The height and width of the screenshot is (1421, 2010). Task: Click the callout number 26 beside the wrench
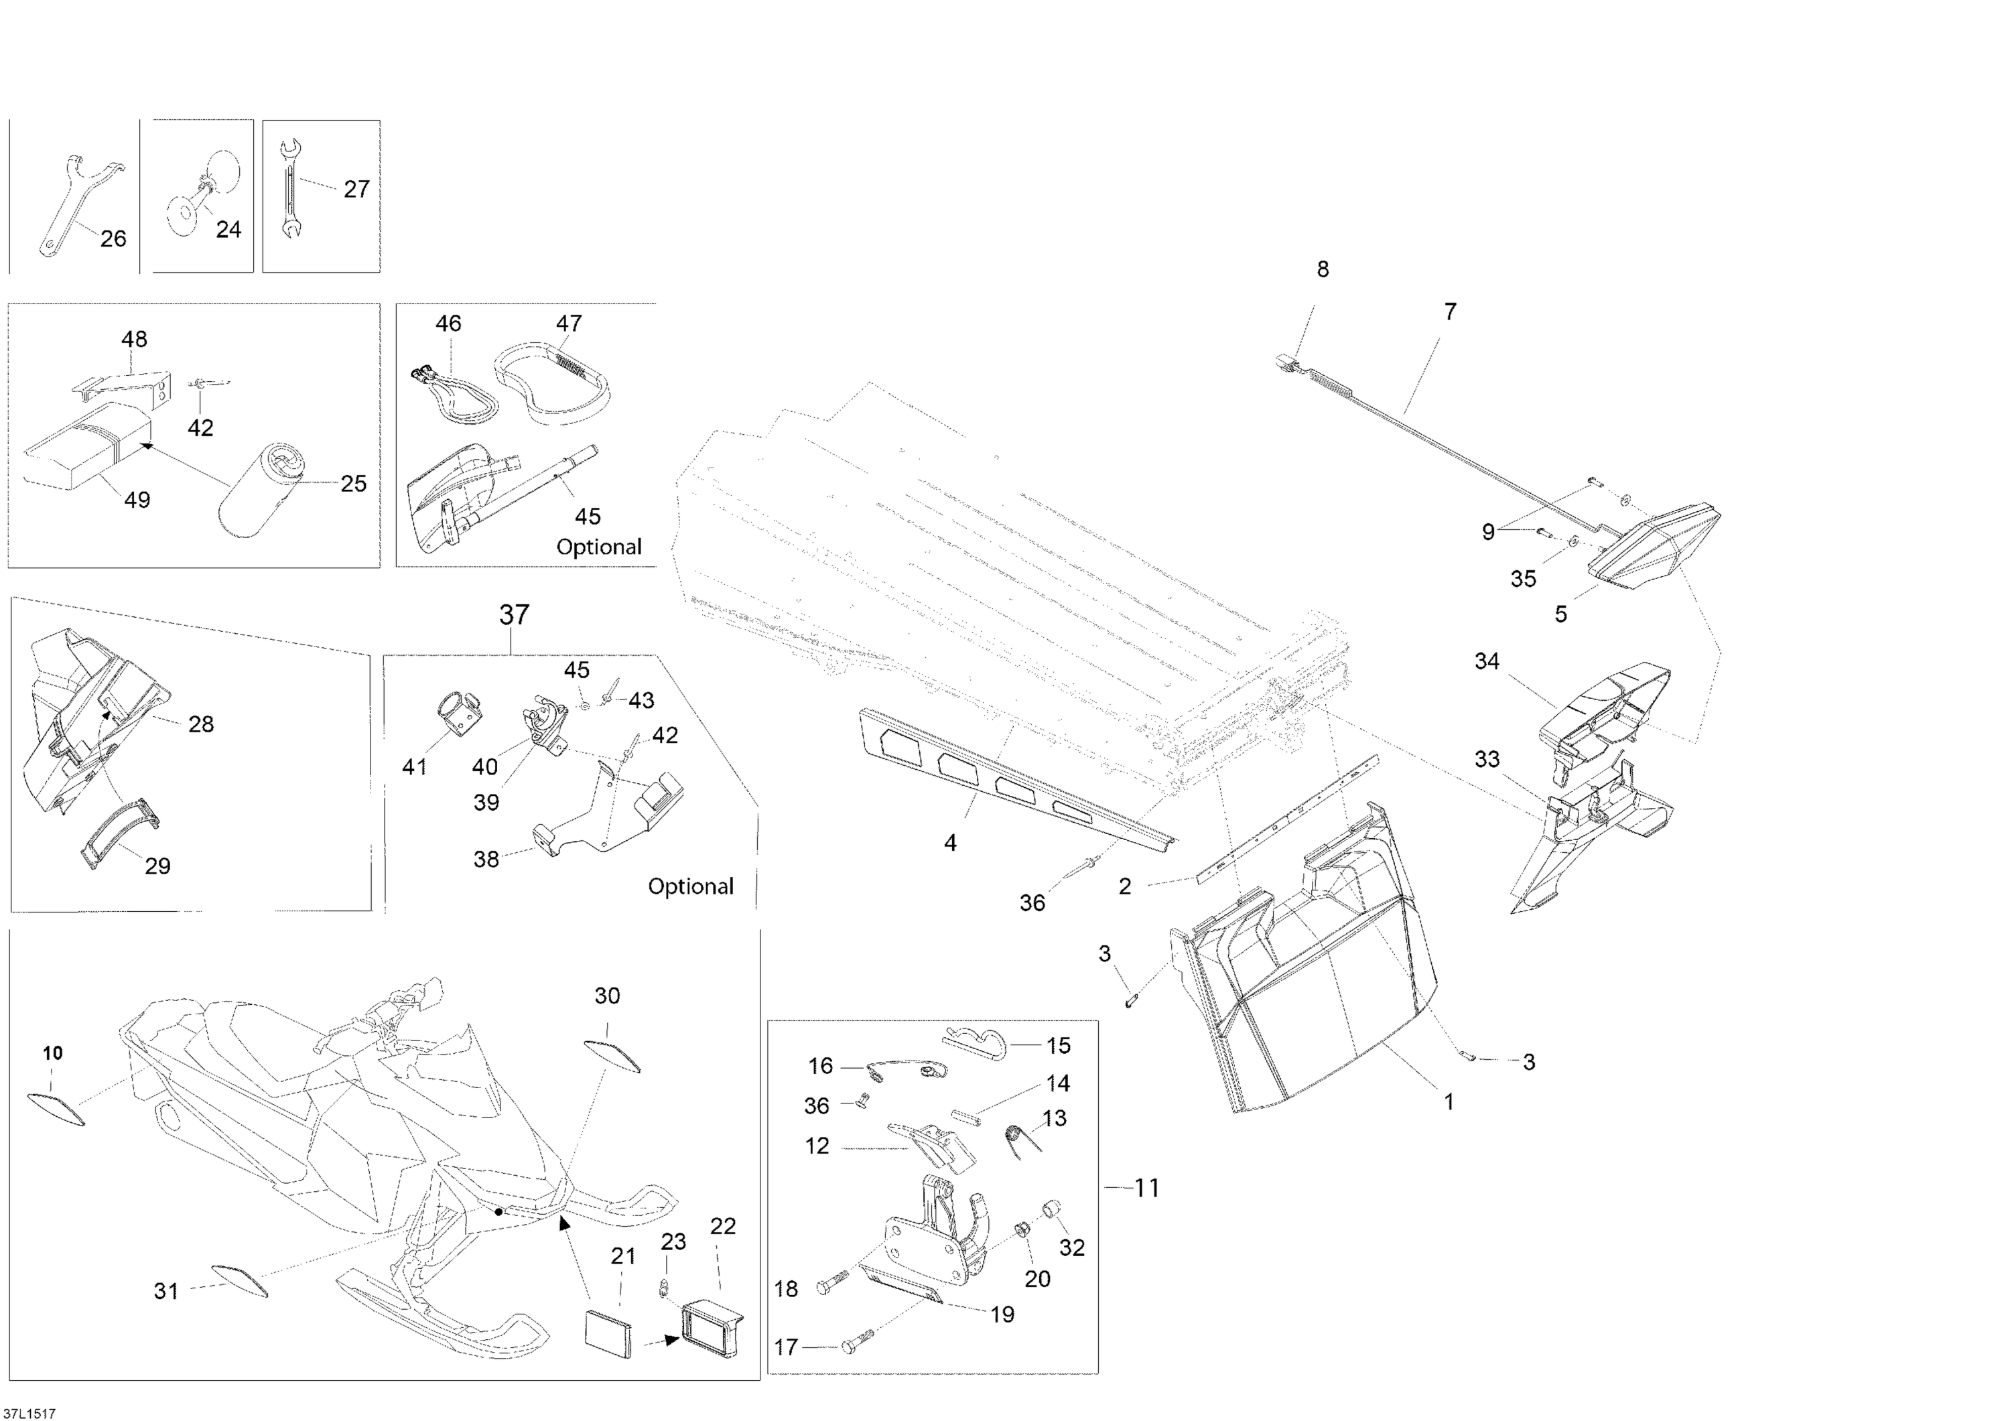[113, 238]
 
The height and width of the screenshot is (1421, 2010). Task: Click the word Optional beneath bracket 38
[690, 886]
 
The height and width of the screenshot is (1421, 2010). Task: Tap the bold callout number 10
[52, 1053]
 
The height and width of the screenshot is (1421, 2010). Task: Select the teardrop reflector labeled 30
[612, 1055]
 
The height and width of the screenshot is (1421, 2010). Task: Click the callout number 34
[1487, 662]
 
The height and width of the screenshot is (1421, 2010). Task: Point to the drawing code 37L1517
[29, 1413]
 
